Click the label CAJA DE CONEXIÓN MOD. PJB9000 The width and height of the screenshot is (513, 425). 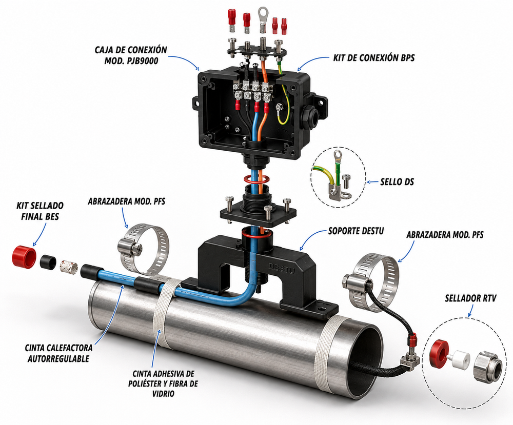(131, 55)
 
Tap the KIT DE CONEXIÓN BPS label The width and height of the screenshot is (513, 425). (374, 58)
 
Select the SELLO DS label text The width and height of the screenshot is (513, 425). (397, 181)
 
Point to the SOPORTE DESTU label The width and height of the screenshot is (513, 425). (356, 231)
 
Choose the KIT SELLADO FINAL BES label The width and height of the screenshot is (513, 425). (40, 211)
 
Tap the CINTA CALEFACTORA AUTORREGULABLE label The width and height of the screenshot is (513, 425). (58, 353)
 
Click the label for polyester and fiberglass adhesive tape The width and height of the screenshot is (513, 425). (163, 383)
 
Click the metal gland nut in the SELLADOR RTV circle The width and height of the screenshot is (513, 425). (486, 366)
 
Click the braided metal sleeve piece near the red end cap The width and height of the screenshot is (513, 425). (68, 266)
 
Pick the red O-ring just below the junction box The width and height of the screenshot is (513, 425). (256, 179)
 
